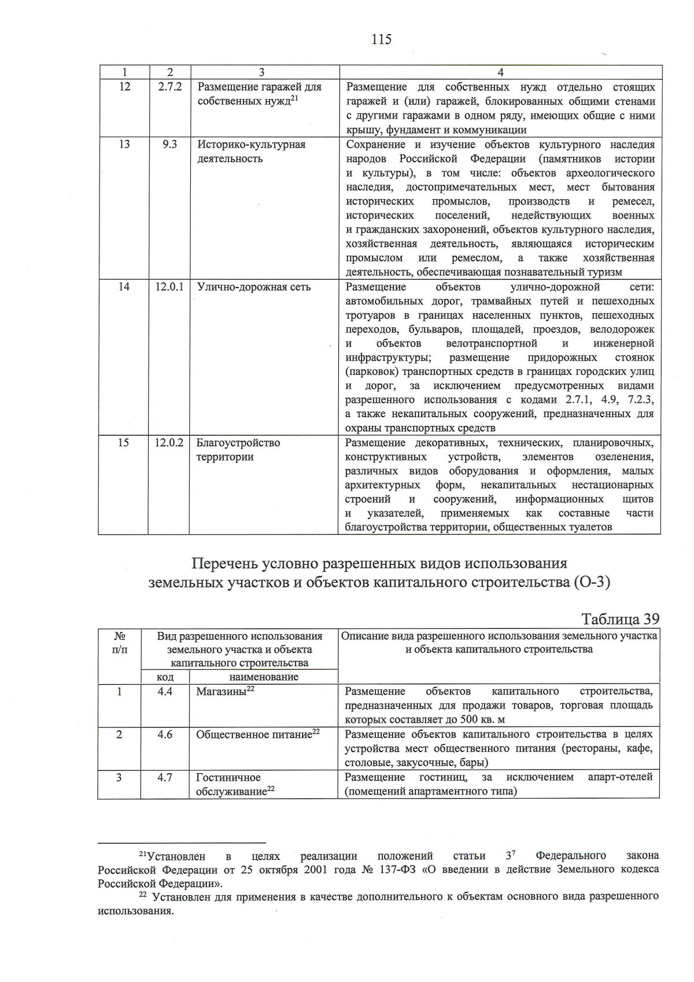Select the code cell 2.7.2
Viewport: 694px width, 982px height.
tap(169, 87)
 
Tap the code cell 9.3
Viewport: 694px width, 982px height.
tap(169, 144)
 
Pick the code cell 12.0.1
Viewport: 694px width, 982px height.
tap(169, 287)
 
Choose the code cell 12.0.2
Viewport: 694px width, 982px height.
tap(169, 443)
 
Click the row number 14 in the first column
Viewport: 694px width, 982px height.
tap(124, 287)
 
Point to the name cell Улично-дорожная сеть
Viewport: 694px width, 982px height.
tap(253, 287)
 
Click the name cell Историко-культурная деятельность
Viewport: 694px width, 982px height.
tap(251, 152)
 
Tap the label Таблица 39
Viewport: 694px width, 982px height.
tap(620, 619)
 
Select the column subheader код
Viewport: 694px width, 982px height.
tap(165, 677)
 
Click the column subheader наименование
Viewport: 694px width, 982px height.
tap(264, 677)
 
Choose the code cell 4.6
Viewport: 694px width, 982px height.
tap(165, 734)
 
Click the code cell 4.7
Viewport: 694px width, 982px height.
tap(165, 777)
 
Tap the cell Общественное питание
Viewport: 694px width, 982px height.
tap(258, 735)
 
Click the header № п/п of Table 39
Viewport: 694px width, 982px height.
tap(119, 642)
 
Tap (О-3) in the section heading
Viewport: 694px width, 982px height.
tap(592, 582)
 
